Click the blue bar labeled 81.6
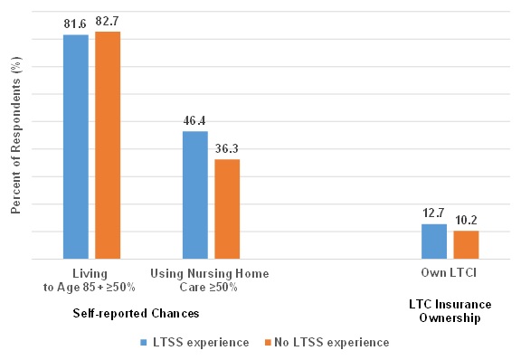click(x=76, y=147)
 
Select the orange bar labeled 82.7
click(x=108, y=145)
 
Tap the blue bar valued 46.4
click(x=194, y=194)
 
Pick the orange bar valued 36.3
click(x=227, y=209)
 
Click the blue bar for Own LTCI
click(x=434, y=242)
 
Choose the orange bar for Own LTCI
click(x=466, y=245)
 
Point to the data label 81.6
click(x=76, y=24)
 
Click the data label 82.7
click(x=109, y=21)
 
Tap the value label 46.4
click(x=195, y=120)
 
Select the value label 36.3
click(x=227, y=148)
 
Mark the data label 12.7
click(x=434, y=213)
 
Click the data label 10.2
click(x=466, y=220)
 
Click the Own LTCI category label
click(x=450, y=273)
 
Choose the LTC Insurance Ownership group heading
click(x=450, y=312)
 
